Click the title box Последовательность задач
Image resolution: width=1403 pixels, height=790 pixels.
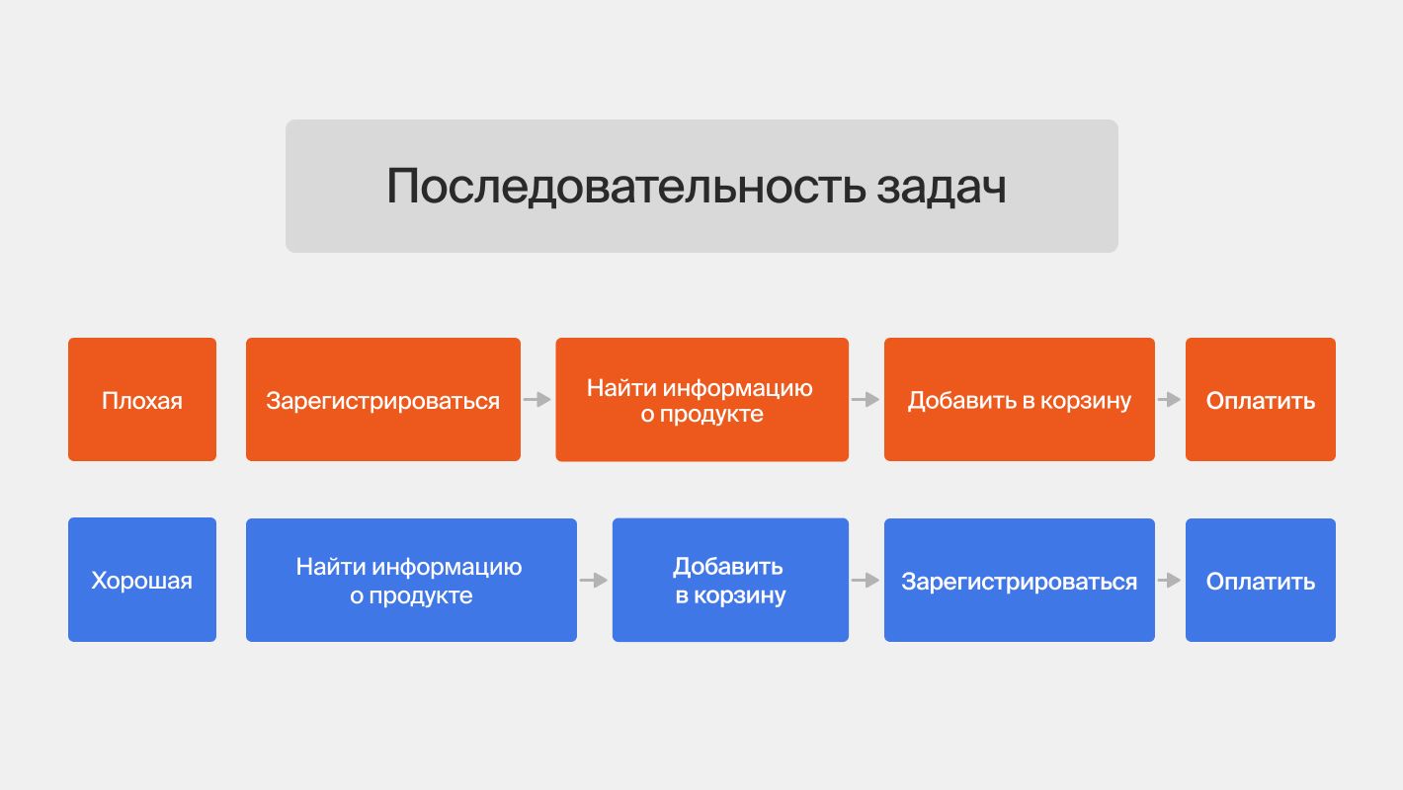[x=701, y=186]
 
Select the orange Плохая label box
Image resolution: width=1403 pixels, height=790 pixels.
[x=142, y=400]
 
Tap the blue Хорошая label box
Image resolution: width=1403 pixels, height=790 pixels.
[x=142, y=580]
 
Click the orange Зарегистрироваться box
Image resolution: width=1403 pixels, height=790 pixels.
[x=383, y=400]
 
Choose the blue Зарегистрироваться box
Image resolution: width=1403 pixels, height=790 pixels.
[x=1019, y=580]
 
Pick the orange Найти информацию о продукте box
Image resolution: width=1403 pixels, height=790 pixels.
[x=701, y=400]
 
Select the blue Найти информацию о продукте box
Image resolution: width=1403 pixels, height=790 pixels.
[x=411, y=580]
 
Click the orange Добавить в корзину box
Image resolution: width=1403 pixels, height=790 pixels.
[x=1019, y=400]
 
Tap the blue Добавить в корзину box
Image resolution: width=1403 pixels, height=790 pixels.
[x=730, y=580]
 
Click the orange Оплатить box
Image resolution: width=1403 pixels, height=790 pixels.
[x=1260, y=400]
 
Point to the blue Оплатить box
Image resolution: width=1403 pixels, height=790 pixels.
[x=1260, y=580]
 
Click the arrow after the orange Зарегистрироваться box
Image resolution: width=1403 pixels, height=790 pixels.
[x=537, y=400]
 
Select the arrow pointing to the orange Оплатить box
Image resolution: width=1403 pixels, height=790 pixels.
[x=1170, y=400]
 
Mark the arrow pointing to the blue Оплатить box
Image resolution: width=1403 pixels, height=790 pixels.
[x=1170, y=581]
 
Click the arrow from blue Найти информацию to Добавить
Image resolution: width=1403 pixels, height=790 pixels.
[x=594, y=581]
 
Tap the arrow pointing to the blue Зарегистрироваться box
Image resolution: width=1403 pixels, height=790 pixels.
[x=866, y=581]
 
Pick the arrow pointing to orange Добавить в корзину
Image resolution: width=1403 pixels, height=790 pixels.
[x=866, y=400]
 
